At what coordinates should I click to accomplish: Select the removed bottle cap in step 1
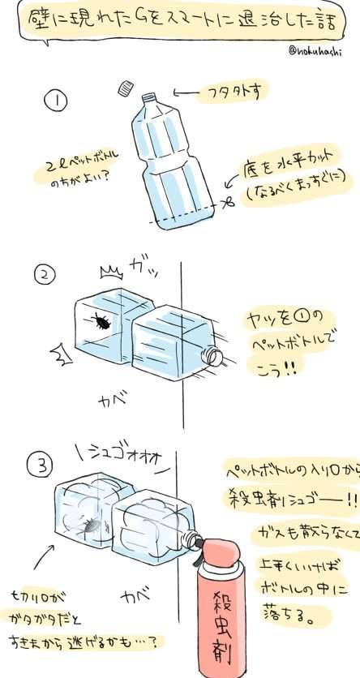tap(125, 87)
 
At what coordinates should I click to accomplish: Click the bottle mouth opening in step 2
tap(214, 357)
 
